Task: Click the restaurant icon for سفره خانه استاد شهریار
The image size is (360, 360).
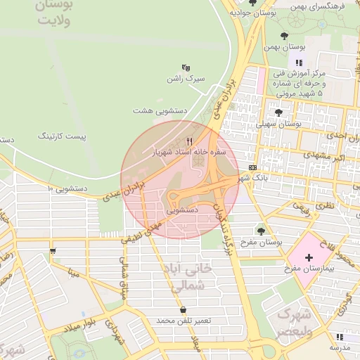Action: point(189,141)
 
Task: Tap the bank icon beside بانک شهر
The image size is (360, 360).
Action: point(252,167)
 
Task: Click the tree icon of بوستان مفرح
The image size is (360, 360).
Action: point(261,231)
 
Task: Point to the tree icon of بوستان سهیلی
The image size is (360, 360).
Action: point(278,112)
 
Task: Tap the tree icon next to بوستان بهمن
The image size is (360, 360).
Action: point(284,36)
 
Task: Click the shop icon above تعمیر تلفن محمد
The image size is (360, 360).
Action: point(184,309)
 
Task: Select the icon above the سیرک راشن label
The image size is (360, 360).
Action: point(186,67)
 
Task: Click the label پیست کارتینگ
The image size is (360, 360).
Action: point(64,134)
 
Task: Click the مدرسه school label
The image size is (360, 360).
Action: point(340,348)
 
